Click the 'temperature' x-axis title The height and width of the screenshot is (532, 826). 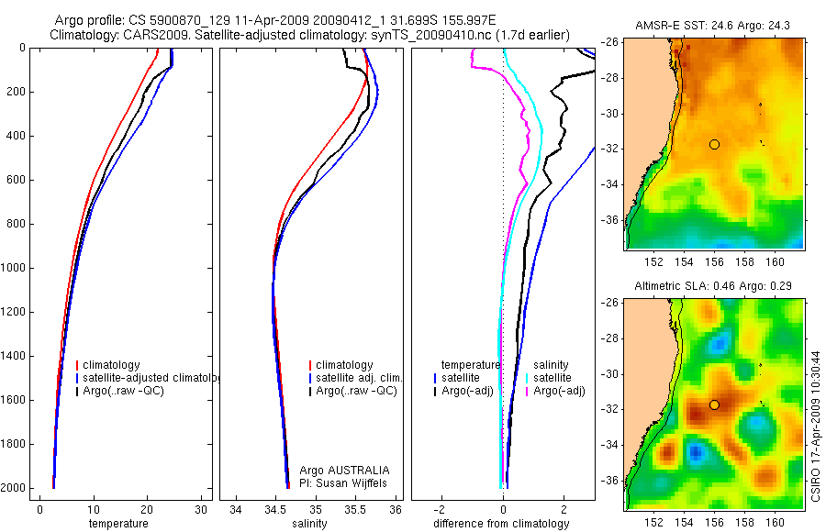117,524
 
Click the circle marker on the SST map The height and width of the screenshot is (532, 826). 714,144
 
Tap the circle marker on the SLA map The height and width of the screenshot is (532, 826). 714,405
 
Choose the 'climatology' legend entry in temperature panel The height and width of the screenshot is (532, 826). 111,365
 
